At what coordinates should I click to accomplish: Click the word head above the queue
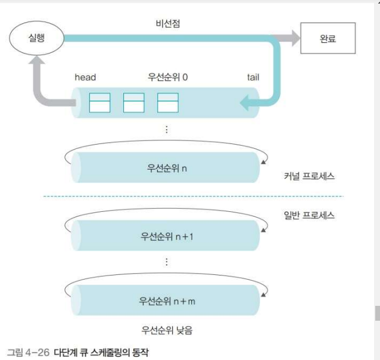coord(85,77)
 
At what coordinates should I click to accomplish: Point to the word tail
coord(253,77)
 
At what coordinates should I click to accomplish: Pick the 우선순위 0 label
coord(167,77)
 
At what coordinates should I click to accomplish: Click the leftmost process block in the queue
coord(99,103)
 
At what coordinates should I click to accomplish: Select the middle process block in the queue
coord(133,103)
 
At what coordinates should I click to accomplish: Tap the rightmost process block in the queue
coord(167,103)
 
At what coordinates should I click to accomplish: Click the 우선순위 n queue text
coord(167,168)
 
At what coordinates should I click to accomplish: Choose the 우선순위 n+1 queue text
coord(167,236)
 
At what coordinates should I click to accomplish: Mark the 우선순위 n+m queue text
coord(167,300)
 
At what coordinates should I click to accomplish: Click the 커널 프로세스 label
coord(309,177)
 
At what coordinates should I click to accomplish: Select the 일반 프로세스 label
coord(309,215)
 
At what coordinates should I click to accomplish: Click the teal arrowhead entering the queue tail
coord(245,105)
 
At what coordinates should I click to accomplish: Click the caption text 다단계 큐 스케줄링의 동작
coord(101,351)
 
